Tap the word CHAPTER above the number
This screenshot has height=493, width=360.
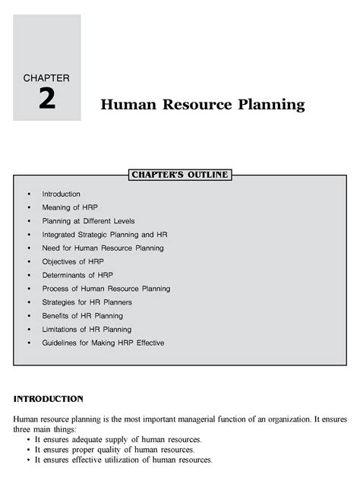point(46,77)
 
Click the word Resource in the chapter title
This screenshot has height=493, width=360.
point(189,104)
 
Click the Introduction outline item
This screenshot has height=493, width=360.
point(61,194)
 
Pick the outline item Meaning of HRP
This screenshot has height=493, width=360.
point(70,207)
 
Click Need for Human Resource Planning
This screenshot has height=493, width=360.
point(103,248)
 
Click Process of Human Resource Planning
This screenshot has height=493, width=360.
point(106,289)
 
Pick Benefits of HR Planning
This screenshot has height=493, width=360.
point(82,315)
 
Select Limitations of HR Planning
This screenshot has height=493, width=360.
point(87,329)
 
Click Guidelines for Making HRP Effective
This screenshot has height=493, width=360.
point(103,343)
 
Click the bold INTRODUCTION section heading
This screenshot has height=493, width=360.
point(48,398)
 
